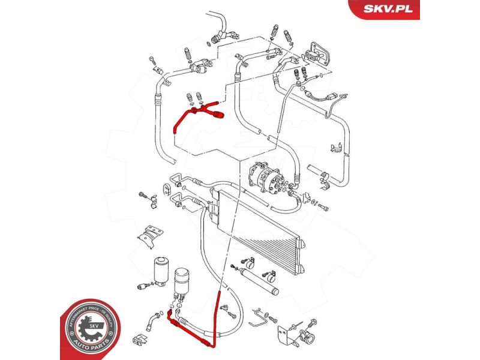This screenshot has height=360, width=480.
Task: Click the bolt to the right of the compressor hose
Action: point(323,208)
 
